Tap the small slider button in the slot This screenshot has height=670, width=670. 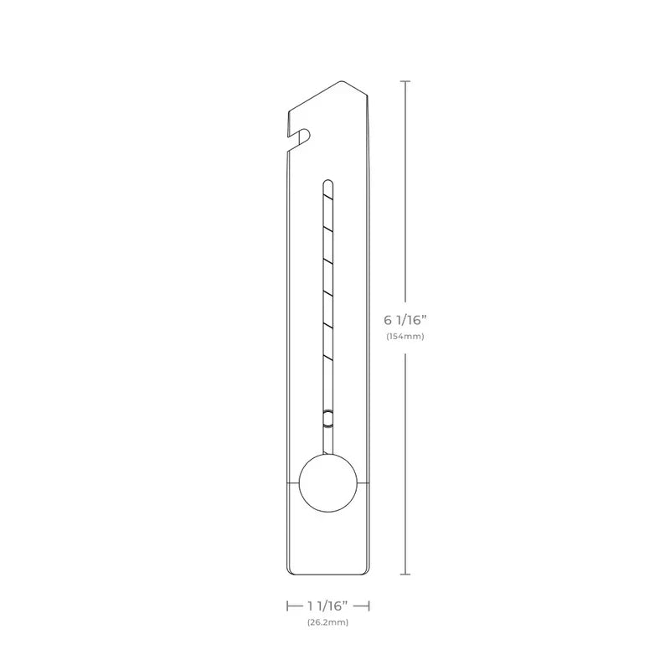point(327,417)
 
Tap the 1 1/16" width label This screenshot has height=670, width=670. point(327,605)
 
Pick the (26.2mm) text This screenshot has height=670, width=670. point(327,622)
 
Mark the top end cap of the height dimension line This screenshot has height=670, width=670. point(407,81)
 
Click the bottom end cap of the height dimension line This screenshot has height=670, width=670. point(407,574)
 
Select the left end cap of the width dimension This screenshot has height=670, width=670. point(287,605)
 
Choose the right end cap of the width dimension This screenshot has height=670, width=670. point(368,605)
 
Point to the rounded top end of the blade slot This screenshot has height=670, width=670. point(327,182)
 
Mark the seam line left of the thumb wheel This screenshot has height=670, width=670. point(292,483)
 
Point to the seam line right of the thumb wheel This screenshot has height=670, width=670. point(363,483)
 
